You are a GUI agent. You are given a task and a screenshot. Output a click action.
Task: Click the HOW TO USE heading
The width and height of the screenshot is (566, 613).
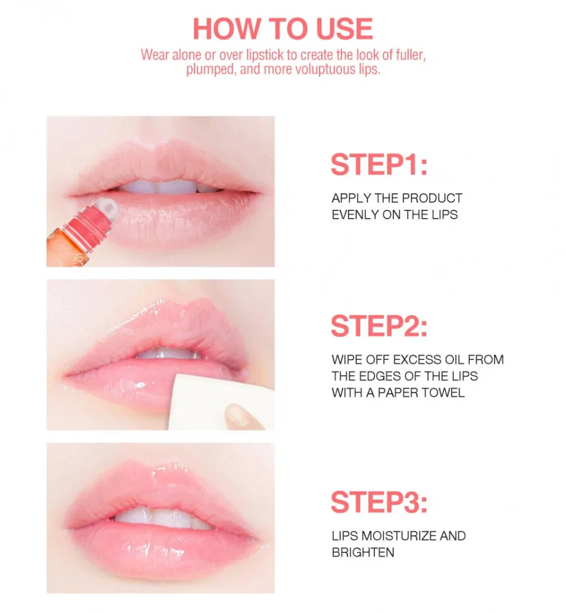[283, 28]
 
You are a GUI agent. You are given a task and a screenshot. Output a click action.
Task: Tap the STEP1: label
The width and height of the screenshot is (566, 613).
[379, 164]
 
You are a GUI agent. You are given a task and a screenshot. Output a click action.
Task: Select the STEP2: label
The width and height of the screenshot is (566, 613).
[379, 325]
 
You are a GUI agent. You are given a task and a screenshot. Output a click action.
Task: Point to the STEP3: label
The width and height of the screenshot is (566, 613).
[379, 502]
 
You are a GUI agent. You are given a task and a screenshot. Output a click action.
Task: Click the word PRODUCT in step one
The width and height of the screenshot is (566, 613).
[432, 198]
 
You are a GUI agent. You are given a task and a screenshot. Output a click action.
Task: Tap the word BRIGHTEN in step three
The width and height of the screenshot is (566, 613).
[363, 552]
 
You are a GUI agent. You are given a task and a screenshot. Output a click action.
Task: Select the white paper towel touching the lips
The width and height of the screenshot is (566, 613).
[213, 403]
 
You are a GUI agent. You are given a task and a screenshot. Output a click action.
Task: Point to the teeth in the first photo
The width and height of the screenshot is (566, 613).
[164, 187]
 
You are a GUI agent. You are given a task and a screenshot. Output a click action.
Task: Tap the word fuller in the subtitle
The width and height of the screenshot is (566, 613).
[410, 55]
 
